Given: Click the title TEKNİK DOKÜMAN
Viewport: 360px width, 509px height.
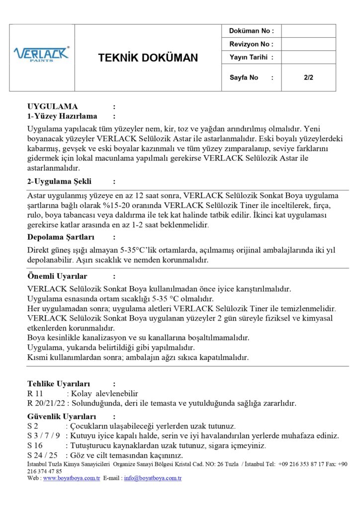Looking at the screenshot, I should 148,58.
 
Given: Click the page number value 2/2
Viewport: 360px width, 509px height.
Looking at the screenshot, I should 308,78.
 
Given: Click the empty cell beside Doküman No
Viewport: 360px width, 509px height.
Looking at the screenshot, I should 308,31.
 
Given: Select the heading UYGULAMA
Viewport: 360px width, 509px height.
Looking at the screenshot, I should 53,106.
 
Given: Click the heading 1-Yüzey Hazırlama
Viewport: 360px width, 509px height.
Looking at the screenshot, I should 62,116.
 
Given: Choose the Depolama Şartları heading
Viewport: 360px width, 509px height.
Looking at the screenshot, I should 61,237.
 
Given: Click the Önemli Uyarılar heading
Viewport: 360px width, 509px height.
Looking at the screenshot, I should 57,276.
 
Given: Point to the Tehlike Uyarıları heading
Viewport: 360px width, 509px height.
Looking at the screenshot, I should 59,383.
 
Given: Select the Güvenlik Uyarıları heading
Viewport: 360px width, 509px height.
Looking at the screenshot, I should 62,416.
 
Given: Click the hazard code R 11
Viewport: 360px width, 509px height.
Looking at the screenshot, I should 35,393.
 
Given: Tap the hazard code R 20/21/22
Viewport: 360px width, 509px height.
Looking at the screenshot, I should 46,403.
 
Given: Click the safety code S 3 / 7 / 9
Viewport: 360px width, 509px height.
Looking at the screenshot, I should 44,436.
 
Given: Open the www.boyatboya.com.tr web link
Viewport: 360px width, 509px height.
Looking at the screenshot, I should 71,478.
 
